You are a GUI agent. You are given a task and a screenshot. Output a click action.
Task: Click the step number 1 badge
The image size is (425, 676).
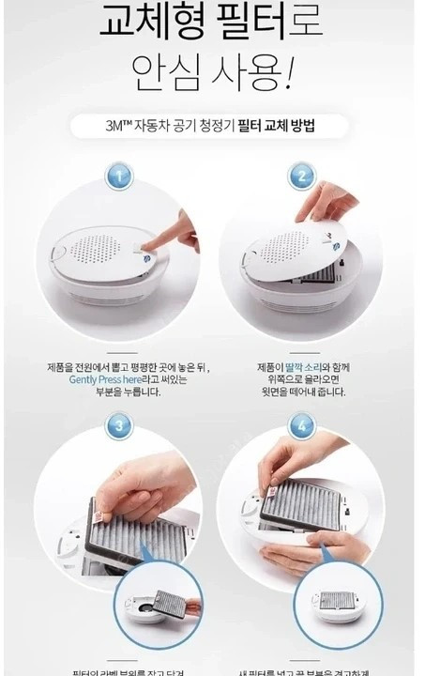click(116, 177)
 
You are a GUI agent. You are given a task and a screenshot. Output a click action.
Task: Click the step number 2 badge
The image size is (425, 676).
click(301, 177)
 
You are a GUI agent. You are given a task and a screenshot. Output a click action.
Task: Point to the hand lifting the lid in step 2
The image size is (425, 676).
click(328, 199)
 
